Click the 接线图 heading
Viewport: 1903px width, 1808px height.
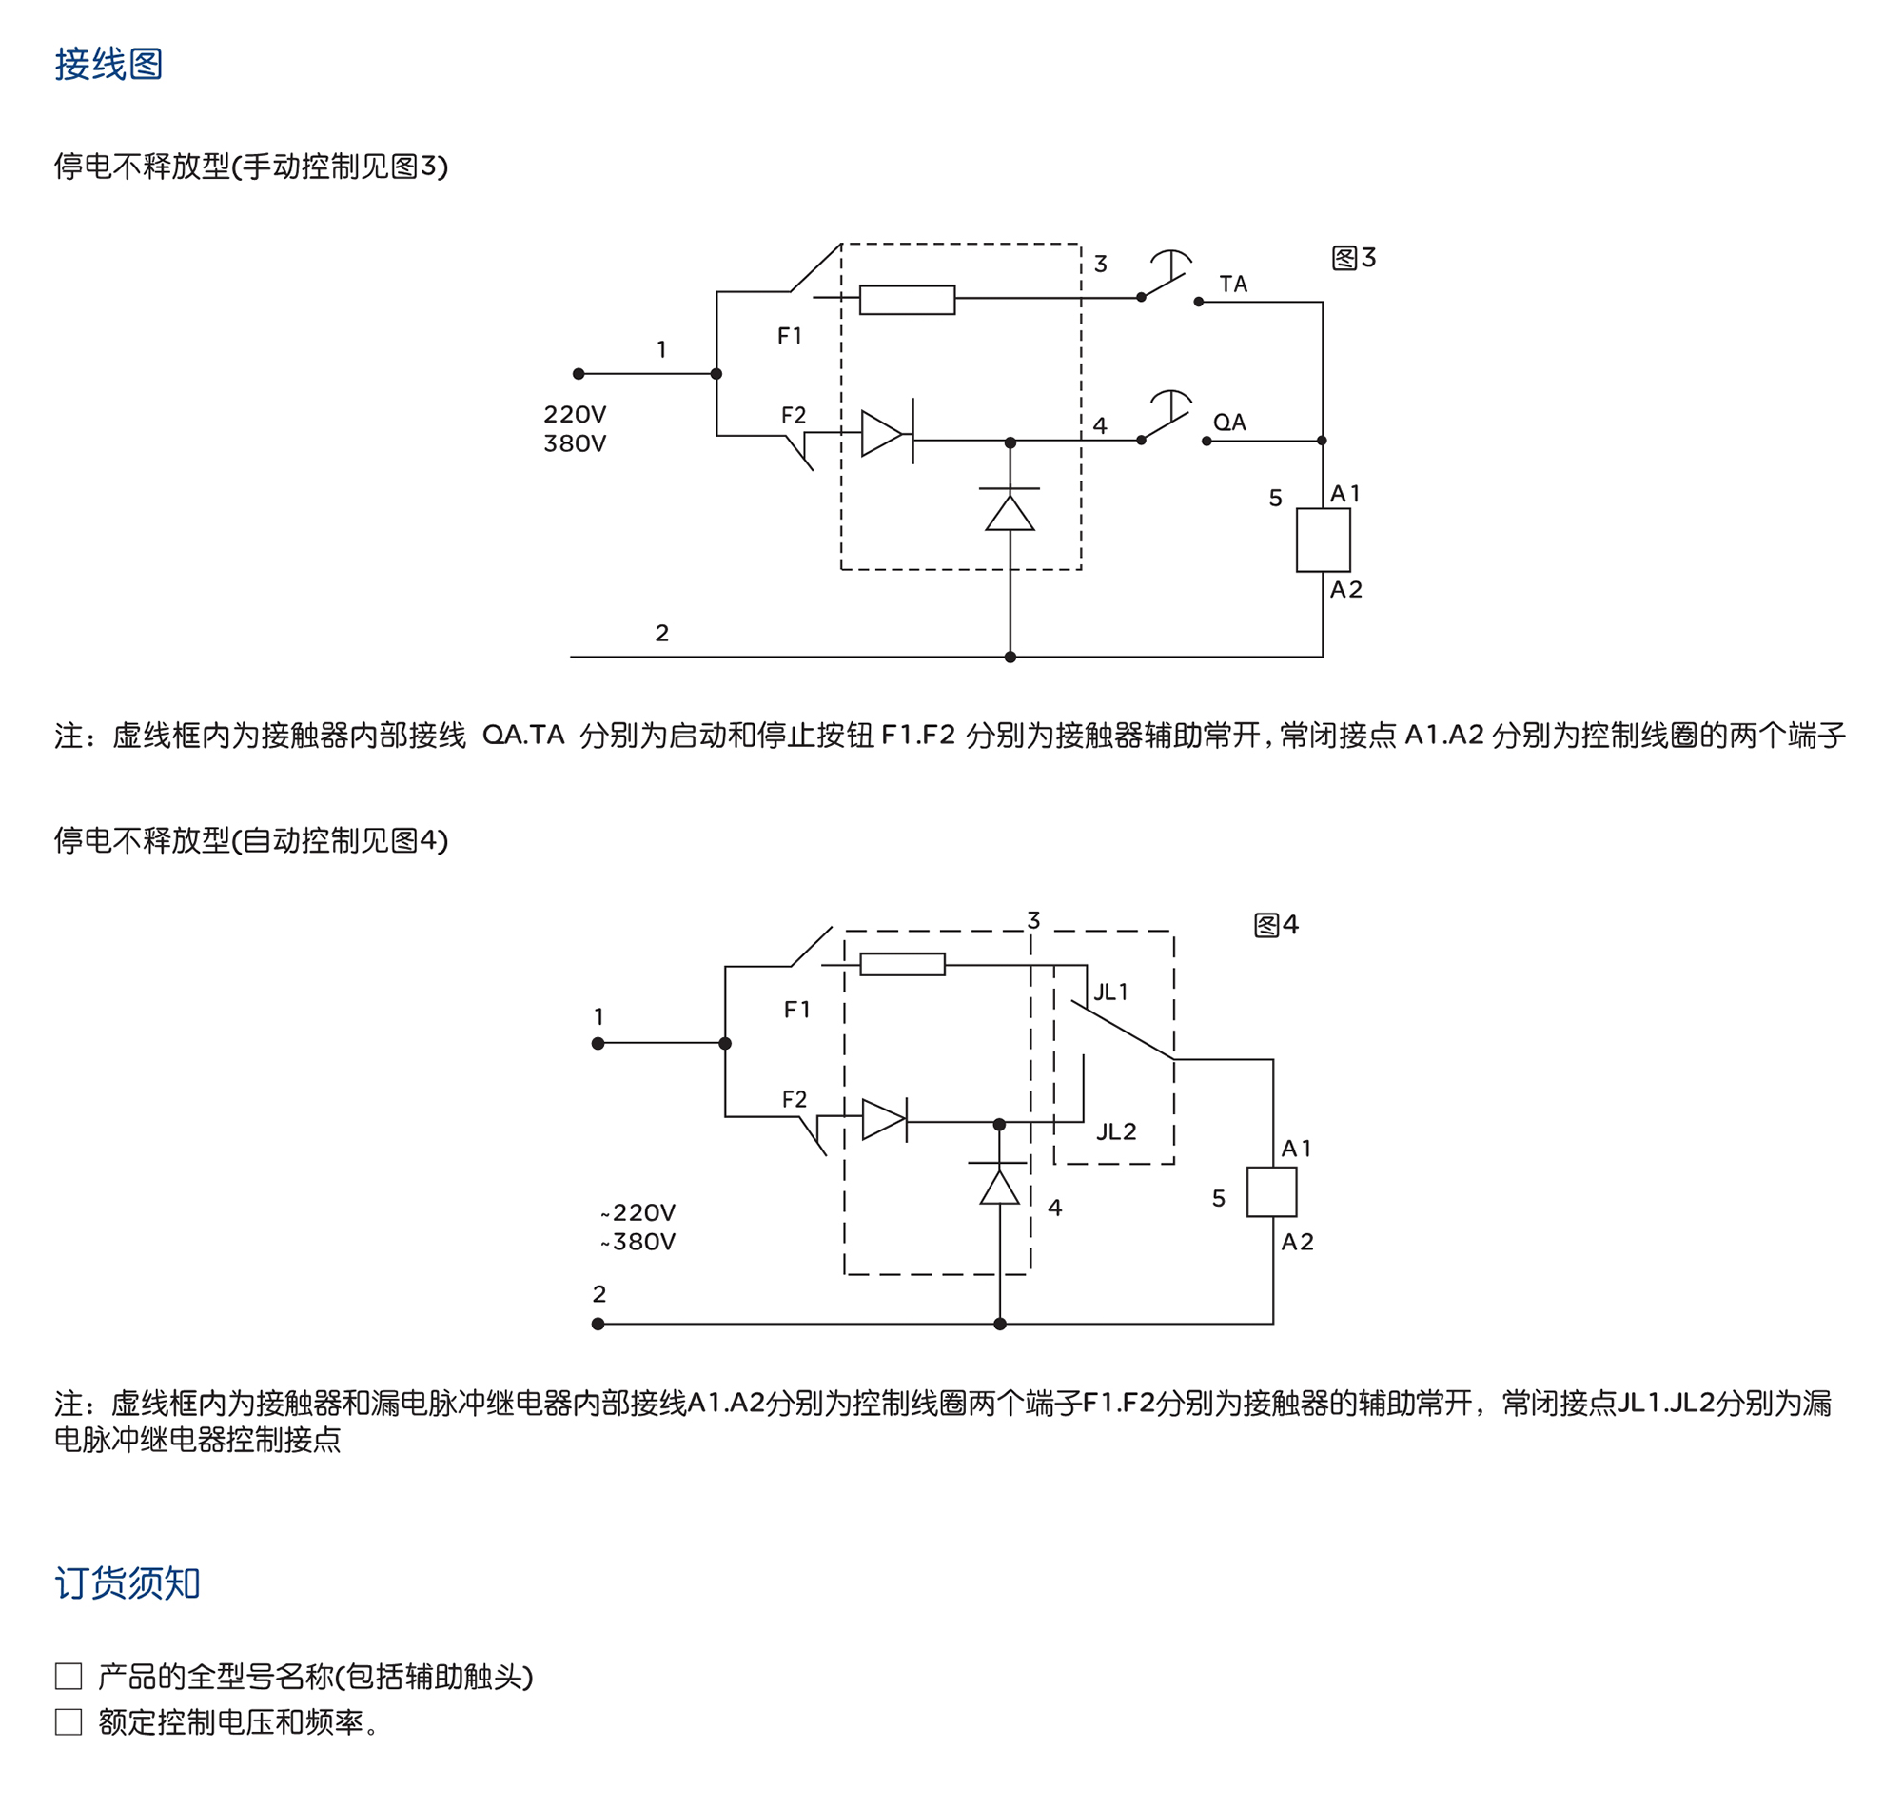pos(108,65)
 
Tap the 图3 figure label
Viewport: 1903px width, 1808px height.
pos(1353,258)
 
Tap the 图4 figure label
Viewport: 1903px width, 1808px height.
pos(1276,925)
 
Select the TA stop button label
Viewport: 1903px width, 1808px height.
pos(1232,285)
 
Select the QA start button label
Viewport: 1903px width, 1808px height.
pos(1228,423)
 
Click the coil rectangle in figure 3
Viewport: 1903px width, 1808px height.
pos(1322,540)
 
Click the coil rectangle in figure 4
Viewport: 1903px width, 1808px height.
pos(1271,1192)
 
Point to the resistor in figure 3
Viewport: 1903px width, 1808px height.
pos(907,300)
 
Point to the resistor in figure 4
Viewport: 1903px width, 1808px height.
pos(902,964)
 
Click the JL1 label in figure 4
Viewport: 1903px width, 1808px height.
pos(1110,992)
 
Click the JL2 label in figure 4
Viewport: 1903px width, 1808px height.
pos(1116,1131)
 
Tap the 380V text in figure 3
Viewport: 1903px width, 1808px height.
pos(575,443)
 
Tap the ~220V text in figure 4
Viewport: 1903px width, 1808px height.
pos(638,1212)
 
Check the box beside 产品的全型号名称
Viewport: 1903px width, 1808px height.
pos(69,1676)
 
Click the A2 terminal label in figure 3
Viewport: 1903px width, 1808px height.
pos(1346,590)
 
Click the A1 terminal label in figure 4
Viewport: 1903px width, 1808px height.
pos(1296,1149)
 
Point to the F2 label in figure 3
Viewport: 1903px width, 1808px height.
pos(793,416)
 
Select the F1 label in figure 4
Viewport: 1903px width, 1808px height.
pos(796,1009)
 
